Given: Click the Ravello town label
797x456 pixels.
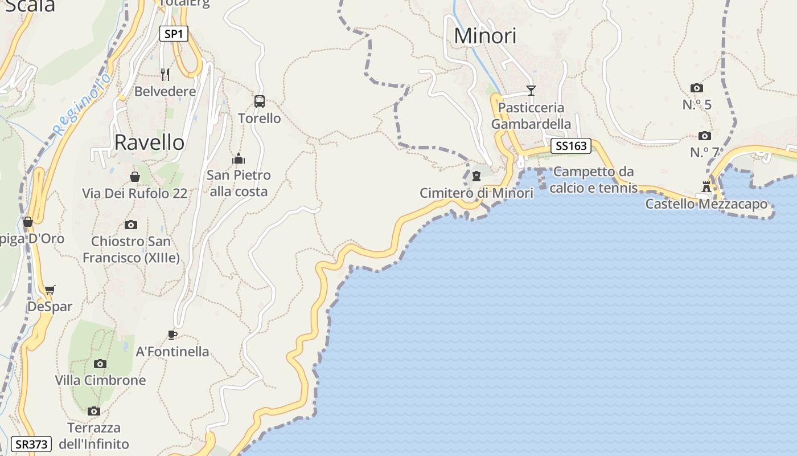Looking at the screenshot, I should click(x=149, y=142).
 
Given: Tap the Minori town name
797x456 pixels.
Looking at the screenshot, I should click(x=485, y=36).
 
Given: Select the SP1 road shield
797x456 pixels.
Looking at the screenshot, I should click(x=173, y=34).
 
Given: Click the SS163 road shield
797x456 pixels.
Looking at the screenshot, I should click(x=570, y=146).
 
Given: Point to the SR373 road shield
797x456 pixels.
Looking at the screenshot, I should click(x=31, y=444).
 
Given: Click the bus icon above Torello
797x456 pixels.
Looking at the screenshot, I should click(x=260, y=101).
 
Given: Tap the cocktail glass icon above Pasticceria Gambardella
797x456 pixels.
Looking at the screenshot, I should click(x=531, y=90).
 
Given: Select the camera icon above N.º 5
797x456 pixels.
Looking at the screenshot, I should click(x=696, y=88).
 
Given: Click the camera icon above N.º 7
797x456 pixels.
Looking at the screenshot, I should click(x=704, y=136).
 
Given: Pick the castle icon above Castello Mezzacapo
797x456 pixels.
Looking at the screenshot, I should click(x=706, y=186).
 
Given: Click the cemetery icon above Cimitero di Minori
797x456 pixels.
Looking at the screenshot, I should click(x=476, y=176).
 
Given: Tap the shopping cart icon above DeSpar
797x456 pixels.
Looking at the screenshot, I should click(x=50, y=290).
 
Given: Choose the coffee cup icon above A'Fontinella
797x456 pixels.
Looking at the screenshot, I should click(x=172, y=335).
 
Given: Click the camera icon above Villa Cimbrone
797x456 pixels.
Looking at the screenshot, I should click(x=100, y=364).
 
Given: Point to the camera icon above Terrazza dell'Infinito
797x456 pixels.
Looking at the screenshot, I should click(x=94, y=411).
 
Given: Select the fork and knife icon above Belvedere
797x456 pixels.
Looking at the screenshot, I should click(x=165, y=74).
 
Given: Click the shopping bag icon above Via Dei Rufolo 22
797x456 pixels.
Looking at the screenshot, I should click(x=135, y=177).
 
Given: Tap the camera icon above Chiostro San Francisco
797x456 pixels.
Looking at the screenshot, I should click(x=131, y=225).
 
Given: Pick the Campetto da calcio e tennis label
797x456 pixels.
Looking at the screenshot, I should click(x=593, y=180).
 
